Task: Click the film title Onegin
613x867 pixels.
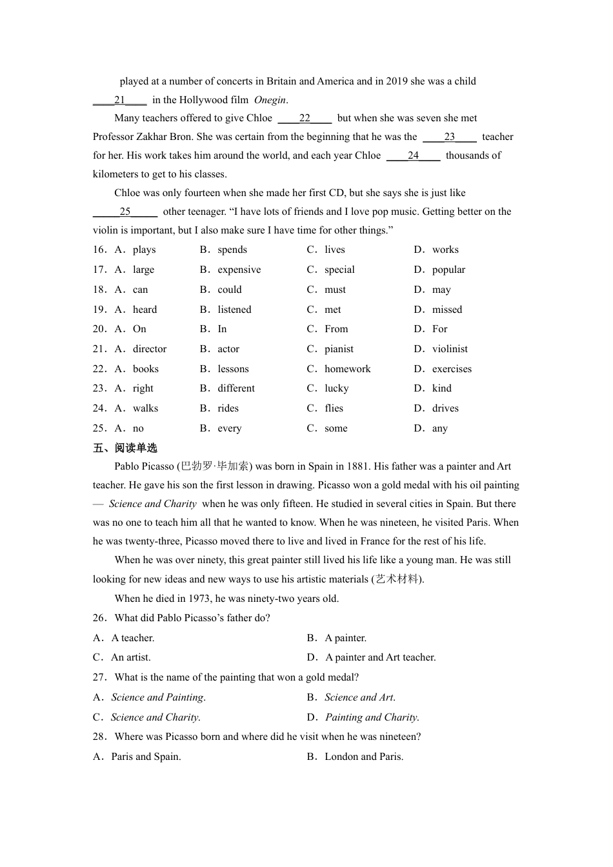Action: (270, 100)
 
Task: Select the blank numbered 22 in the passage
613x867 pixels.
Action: (305, 119)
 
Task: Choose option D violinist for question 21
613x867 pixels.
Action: (450, 349)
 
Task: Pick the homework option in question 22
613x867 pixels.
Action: (347, 369)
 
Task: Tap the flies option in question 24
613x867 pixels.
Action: (334, 408)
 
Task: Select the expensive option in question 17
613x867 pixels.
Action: (239, 270)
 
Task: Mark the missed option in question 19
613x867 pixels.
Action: (447, 310)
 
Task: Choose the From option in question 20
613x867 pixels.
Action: (336, 329)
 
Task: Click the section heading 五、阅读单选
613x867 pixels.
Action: (125, 448)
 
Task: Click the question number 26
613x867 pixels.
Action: (99, 618)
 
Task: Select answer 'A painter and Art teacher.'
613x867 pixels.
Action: (380, 657)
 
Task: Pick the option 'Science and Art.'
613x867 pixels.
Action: (359, 697)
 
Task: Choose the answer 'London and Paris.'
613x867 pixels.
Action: (364, 757)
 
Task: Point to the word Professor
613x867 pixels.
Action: (115, 137)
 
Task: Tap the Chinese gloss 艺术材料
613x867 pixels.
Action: (397, 579)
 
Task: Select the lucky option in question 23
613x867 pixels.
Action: (336, 388)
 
